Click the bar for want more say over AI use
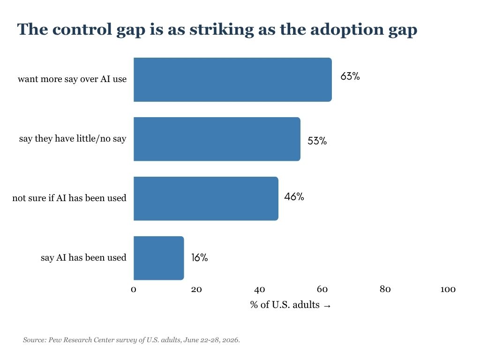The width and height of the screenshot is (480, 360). tap(232, 80)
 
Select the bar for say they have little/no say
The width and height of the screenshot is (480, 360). tap(217, 139)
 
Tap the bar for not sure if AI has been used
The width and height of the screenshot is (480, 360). tap(206, 198)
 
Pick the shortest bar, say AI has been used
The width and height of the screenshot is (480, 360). tap(159, 258)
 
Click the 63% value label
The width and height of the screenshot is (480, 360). tap(350, 76)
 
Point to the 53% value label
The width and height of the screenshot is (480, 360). tap(317, 141)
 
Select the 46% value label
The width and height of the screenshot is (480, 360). tap(294, 196)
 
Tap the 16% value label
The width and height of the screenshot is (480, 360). tap(200, 258)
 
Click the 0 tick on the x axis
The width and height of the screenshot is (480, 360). tap(134, 289)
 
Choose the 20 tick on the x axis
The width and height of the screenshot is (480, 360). tap(196, 289)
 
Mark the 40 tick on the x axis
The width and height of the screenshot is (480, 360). tap(260, 289)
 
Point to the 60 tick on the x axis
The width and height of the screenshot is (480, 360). tap(322, 289)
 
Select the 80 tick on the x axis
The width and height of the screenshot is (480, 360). tap(385, 289)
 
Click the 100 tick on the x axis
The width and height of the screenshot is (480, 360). tap(448, 289)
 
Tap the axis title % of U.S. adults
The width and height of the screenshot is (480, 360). tap(285, 305)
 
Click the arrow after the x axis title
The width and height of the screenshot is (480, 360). tap(327, 306)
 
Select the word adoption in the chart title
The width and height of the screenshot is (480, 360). tap(347, 30)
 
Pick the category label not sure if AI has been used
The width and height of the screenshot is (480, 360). tap(69, 198)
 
